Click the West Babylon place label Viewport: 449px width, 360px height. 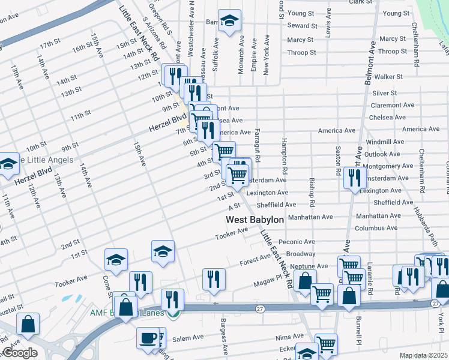pos(255,220)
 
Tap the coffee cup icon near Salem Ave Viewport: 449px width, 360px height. pos(148,338)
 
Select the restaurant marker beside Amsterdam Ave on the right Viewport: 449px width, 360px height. pos(355,177)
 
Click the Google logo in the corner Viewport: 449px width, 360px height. pos(19,353)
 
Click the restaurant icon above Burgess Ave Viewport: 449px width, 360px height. pos(213,279)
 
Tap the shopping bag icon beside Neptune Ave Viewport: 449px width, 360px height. pos(306,281)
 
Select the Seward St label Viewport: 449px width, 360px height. pos(302,26)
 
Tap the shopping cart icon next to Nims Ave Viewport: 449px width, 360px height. pos(326,344)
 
